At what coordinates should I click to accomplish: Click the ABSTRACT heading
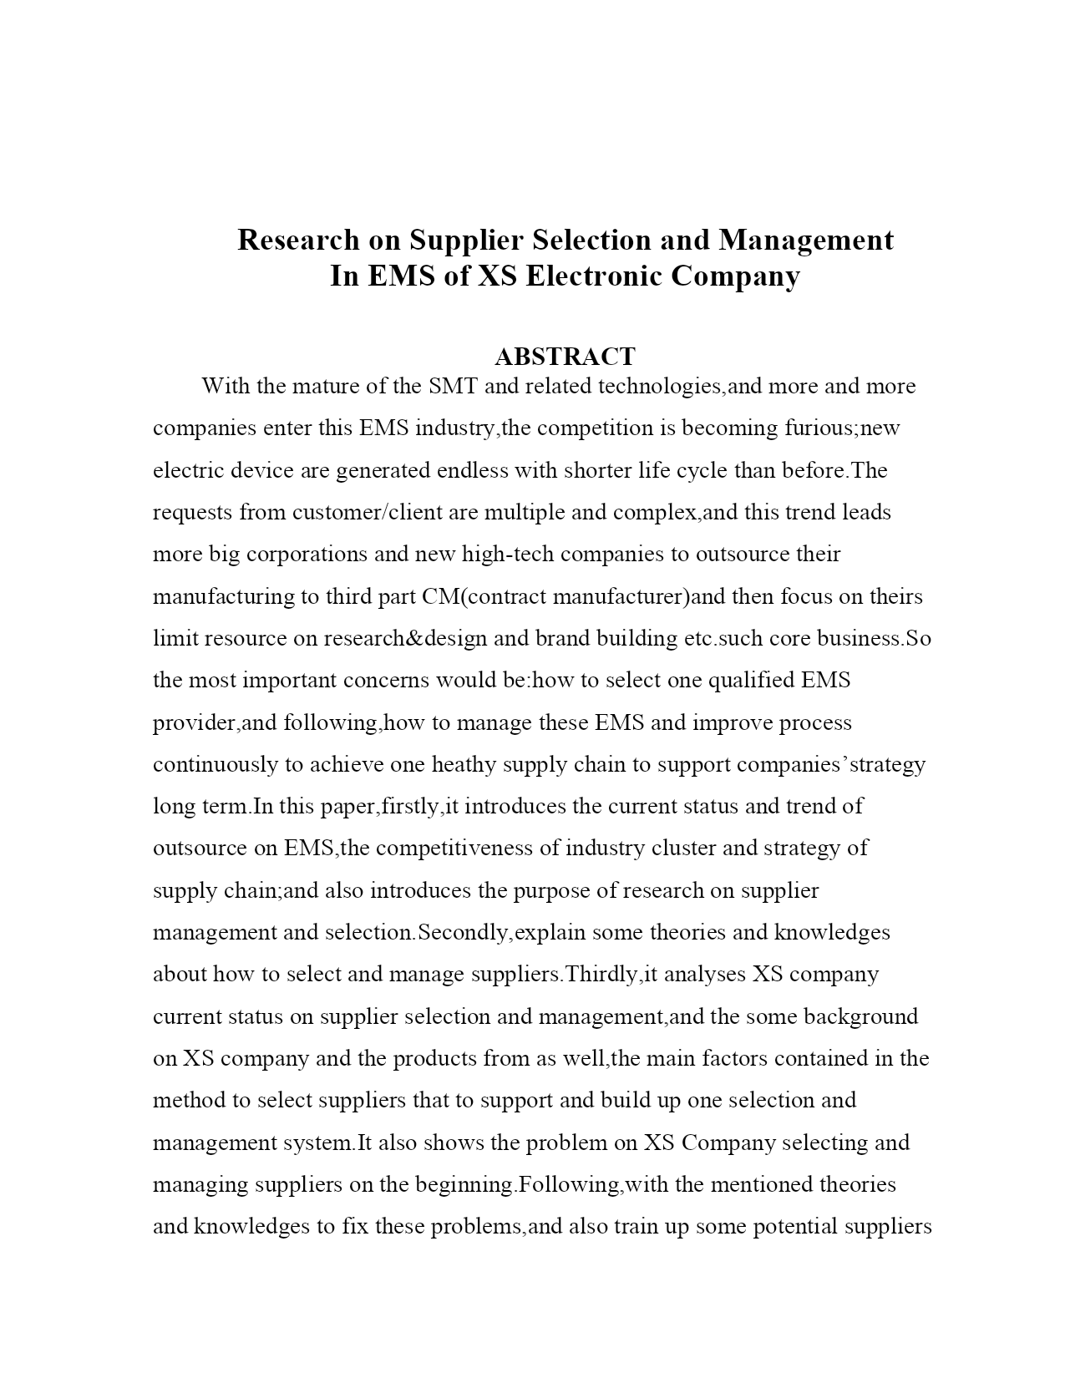click(565, 357)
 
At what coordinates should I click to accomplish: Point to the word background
click(860, 1016)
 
